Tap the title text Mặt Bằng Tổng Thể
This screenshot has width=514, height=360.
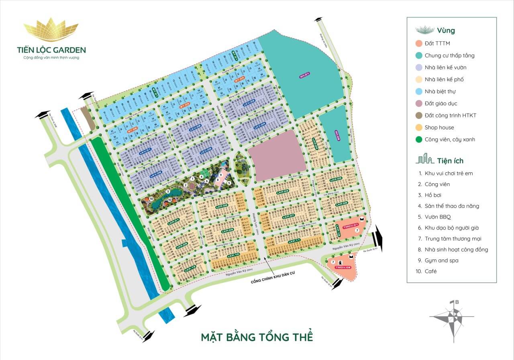coord(257,336)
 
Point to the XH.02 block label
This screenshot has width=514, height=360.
coord(337,135)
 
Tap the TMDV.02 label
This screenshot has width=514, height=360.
coord(343,267)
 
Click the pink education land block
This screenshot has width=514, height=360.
coord(277,155)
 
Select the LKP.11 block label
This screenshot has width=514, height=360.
coord(294,241)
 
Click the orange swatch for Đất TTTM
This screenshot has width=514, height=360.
coord(419,43)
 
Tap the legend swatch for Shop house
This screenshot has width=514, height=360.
coord(419,127)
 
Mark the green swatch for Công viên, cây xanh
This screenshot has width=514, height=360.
coord(419,139)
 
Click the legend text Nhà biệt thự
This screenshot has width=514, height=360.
coord(440,92)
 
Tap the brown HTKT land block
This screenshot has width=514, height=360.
coord(88,118)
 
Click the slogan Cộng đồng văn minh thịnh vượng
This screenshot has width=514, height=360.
coord(51,58)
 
